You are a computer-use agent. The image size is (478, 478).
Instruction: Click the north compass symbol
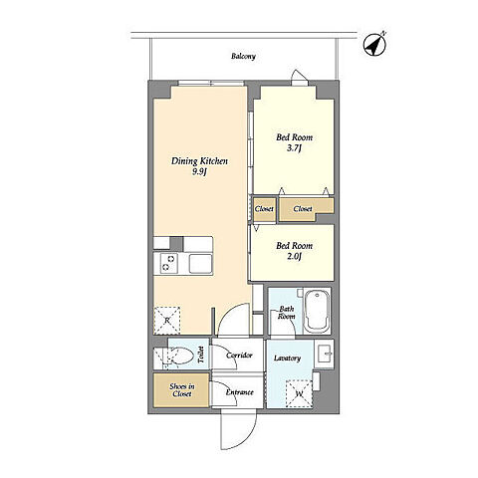pos(374,44)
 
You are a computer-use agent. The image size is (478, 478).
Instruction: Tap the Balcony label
pos(243,56)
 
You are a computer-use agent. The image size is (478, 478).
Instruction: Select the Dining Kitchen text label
pos(199,161)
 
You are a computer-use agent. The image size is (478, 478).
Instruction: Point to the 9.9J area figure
pos(199,171)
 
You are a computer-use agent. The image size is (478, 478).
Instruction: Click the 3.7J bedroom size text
pos(294,147)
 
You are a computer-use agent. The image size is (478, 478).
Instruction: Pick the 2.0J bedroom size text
pos(294,256)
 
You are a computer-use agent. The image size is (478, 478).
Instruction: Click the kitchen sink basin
pos(200,264)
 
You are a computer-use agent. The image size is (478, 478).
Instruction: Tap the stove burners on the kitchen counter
pos(168,263)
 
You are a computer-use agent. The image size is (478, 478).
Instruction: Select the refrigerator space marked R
pos(167,321)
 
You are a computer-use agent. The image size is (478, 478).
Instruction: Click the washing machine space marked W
pos(300,393)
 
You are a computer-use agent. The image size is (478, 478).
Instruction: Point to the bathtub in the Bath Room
pos(317,312)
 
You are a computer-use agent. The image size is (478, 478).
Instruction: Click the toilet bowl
pos(179,357)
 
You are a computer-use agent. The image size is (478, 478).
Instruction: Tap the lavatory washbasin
pos(324,354)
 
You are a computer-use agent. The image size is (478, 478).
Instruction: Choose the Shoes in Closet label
pos(182,390)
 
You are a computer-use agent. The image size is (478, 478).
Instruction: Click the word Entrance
pos(240,392)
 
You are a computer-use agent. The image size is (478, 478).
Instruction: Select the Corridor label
pos(239,356)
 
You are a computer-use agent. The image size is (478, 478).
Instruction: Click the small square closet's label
pos(264,209)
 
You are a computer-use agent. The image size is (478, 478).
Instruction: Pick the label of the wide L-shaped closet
pos(303,209)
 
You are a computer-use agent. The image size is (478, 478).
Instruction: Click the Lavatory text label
pos(288,358)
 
